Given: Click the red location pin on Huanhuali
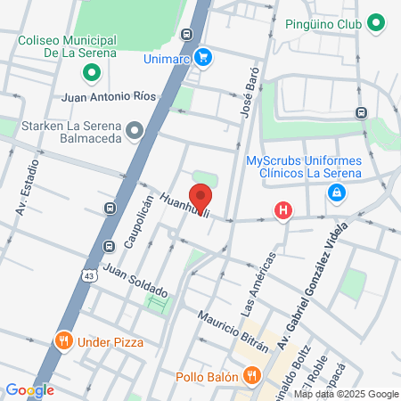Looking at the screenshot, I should point(201,197).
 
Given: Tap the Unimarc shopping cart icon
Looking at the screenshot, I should point(204,57).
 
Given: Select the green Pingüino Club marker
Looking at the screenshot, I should point(376,24).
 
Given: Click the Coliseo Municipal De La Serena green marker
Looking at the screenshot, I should point(90,71).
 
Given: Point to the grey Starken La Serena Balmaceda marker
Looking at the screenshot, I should point(135,132).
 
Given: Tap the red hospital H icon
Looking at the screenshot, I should point(283,211).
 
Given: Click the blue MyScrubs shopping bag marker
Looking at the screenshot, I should point(336,192).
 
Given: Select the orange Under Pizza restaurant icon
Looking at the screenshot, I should point(63,340).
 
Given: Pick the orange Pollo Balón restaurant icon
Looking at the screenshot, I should point(252,375).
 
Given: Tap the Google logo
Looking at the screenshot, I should point(29,389).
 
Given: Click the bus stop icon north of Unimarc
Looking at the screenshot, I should point(185,35).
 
